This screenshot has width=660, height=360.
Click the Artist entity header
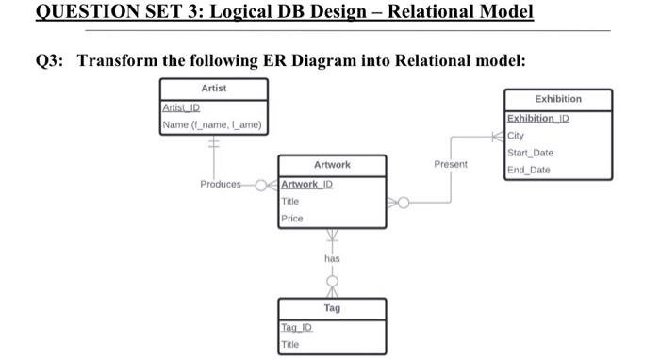[x=213, y=88]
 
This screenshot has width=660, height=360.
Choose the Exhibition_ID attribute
[x=538, y=119]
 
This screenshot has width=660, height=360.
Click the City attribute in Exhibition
[x=518, y=136]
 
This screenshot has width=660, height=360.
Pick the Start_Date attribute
[x=531, y=153]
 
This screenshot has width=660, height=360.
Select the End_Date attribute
[x=528, y=171]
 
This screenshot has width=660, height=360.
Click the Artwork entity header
[x=332, y=165]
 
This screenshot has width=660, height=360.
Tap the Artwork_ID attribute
[x=306, y=184]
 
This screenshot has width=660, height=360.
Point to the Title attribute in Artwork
[x=291, y=202]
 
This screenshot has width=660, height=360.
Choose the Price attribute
[x=291, y=219]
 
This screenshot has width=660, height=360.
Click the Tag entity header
[x=332, y=308]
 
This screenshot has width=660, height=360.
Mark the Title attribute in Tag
[x=291, y=344]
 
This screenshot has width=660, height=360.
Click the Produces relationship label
[x=220, y=184]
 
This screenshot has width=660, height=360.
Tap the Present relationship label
[x=451, y=164]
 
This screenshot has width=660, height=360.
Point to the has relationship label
[x=332, y=257]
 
